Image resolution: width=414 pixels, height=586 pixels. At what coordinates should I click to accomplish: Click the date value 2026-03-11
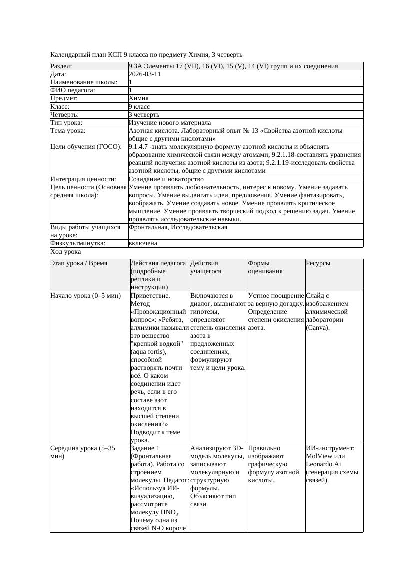click(x=145, y=74)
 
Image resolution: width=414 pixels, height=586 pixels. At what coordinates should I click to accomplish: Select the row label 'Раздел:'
click(x=61, y=66)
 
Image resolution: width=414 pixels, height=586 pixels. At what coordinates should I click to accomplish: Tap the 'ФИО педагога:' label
click(x=73, y=90)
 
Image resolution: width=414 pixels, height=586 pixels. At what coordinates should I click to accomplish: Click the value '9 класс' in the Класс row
click(x=139, y=107)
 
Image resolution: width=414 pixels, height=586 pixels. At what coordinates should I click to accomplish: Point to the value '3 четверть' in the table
click(x=142, y=115)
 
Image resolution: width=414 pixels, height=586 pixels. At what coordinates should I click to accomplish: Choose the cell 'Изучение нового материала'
click(x=169, y=123)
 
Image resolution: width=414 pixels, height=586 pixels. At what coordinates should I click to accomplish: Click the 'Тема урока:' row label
click(x=68, y=131)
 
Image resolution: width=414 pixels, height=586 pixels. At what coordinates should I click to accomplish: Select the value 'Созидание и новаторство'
click(x=166, y=179)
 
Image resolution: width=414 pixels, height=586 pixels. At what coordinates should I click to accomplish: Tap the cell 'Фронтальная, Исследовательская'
click(x=178, y=227)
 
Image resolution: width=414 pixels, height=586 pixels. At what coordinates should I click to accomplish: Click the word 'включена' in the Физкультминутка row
click(x=143, y=243)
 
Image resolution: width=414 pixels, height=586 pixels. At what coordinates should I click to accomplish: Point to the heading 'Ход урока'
click(x=66, y=252)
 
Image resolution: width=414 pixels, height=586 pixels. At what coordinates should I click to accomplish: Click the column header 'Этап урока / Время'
click(x=79, y=263)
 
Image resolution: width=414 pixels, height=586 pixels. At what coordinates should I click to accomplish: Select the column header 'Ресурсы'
click(x=318, y=263)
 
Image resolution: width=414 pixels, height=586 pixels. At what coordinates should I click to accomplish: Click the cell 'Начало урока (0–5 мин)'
click(x=86, y=296)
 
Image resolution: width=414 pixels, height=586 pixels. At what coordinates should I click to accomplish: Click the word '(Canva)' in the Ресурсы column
click(x=318, y=328)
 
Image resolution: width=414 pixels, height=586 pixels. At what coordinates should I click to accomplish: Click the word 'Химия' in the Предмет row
click(x=139, y=98)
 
